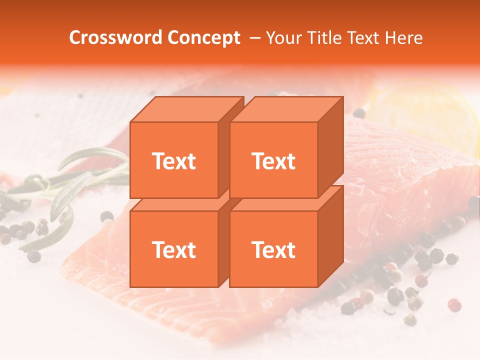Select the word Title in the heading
tap(325, 38)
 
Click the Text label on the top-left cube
tap(173, 161)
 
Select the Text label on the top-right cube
tap(273, 161)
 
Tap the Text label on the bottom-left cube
tap(173, 249)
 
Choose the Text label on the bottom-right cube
tap(273, 249)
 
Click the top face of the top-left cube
tap(186, 109)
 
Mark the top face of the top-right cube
tap(286, 109)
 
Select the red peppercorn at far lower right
tap(454, 305)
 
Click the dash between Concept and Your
tap(254, 38)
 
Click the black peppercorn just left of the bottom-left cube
tap(106, 216)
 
